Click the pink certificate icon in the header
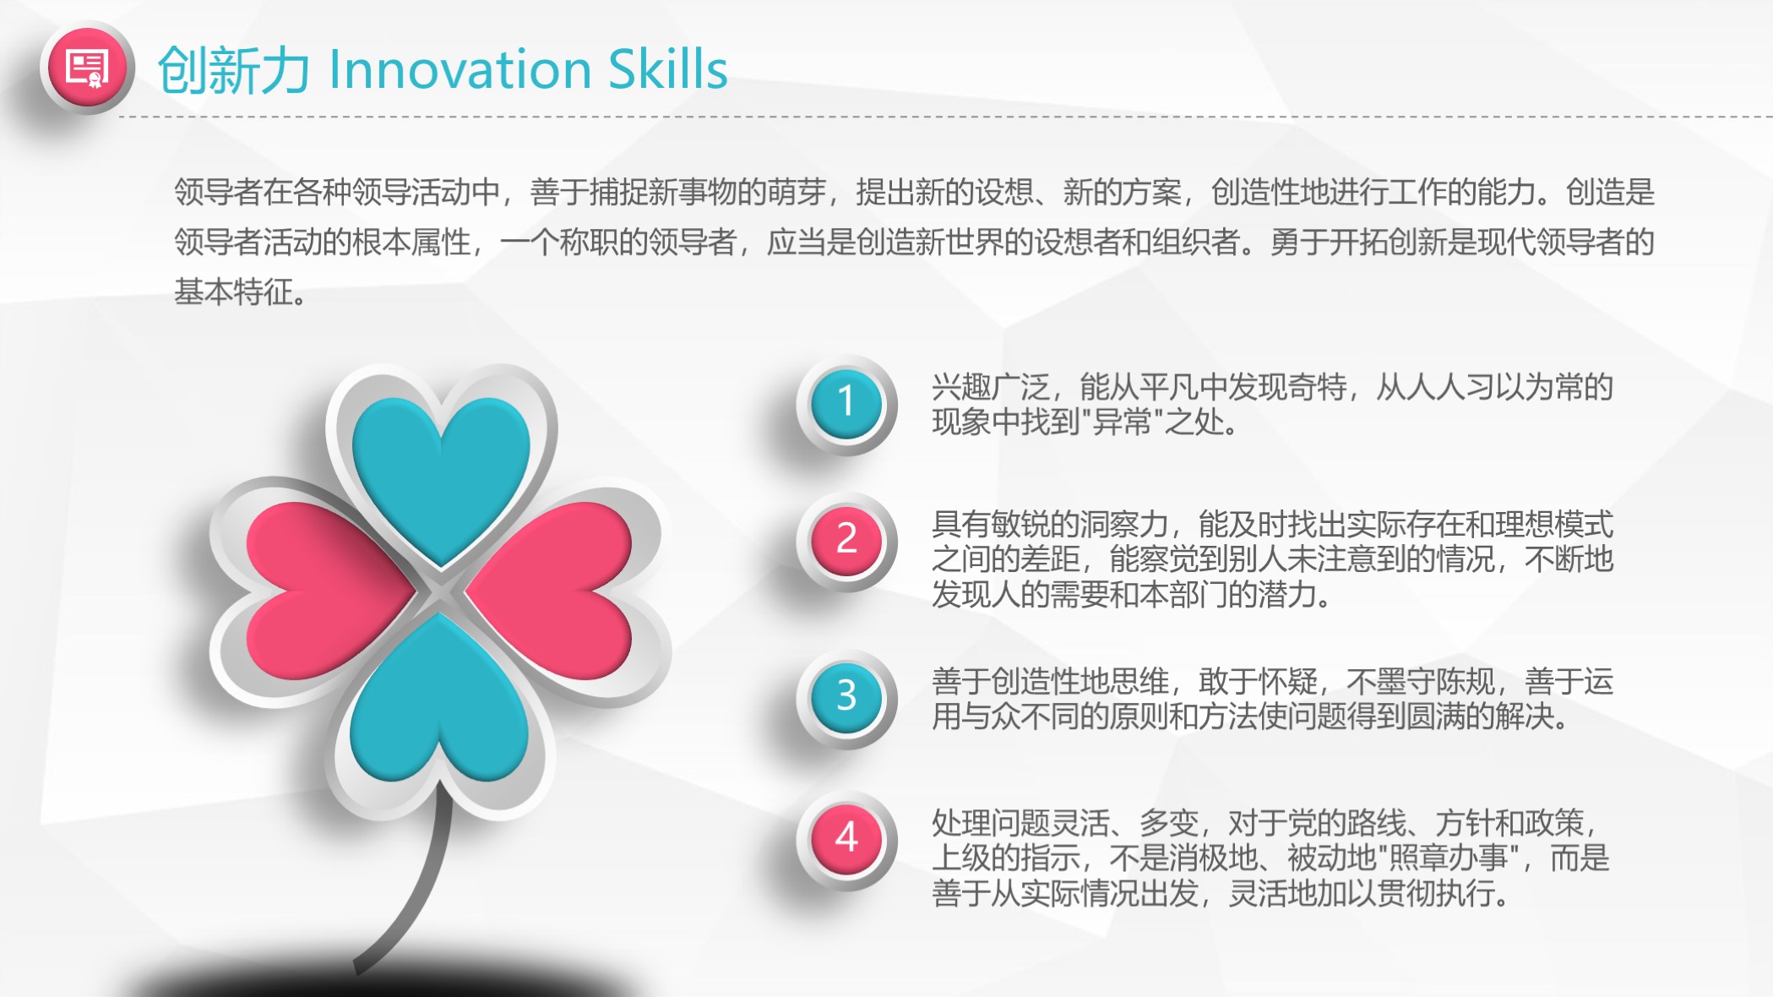click(87, 68)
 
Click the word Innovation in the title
click(460, 69)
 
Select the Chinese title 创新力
click(233, 70)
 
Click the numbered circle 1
click(846, 403)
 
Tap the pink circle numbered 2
click(846, 540)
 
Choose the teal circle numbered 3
click(846, 697)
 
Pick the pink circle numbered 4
click(846, 838)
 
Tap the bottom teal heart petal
click(439, 701)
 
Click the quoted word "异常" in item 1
click(1122, 421)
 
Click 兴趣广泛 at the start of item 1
click(991, 387)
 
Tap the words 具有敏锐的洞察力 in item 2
click(1050, 525)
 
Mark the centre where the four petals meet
click(440, 591)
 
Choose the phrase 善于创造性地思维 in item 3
click(1050, 681)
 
